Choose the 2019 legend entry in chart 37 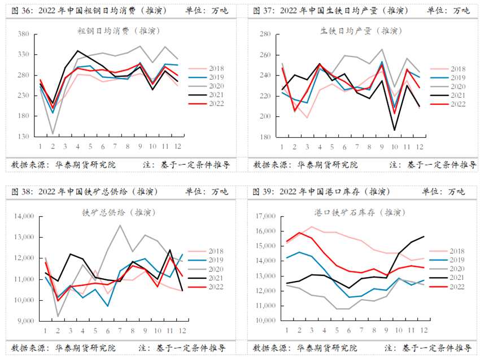point(450,77)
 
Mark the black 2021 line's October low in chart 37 point(394,130)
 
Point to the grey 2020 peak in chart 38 point(120,225)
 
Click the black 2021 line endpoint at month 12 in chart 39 point(424,236)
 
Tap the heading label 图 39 point(263,191)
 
